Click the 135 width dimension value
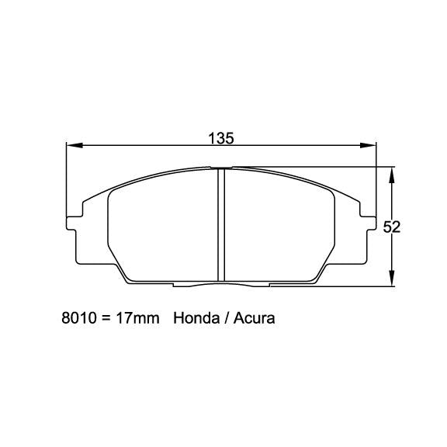point(221,138)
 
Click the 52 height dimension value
point(392,227)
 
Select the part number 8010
point(78,318)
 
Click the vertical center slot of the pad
point(220,225)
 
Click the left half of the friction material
point(159,229)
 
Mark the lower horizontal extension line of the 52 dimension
point(349,287)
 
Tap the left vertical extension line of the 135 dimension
point(67,178)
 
